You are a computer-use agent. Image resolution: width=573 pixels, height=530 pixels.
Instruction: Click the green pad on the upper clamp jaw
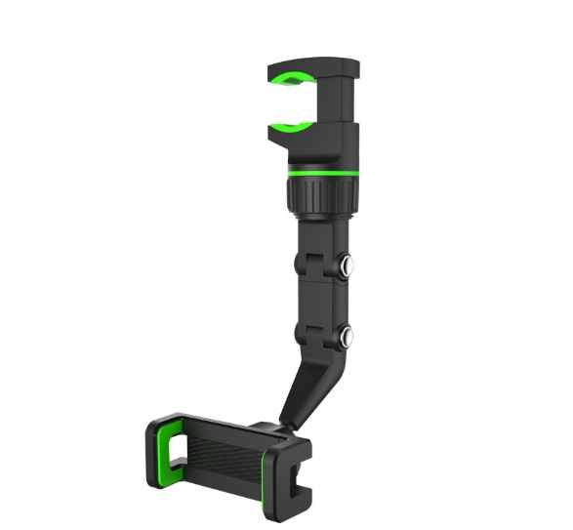(298, 79)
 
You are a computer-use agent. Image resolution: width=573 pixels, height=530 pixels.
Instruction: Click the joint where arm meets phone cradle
(278, 429)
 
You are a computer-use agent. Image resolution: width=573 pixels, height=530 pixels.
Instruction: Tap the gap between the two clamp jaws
(303, 102)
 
